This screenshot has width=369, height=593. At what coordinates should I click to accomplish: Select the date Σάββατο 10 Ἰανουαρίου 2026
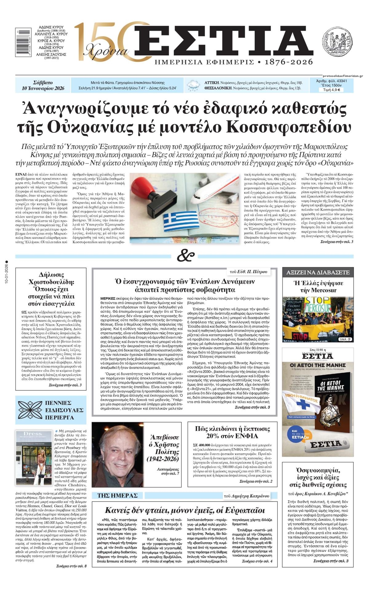tap(43, 85)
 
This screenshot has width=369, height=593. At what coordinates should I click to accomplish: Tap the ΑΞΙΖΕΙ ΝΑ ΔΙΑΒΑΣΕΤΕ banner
tap(318, 272)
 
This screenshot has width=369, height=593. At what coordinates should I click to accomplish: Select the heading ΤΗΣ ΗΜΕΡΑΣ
tap(117, 495)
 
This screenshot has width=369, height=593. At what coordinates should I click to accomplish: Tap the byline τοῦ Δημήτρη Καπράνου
tap(247, 496)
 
